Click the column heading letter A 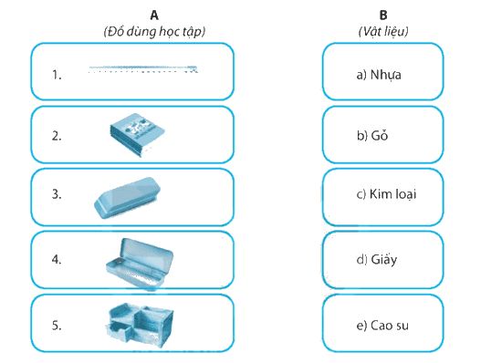coord(154,15)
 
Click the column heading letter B coord(383,15)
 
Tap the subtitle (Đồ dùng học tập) coord(154,31)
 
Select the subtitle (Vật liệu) coord(383,31)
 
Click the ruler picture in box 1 coord(143,69)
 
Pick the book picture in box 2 coord(137,135)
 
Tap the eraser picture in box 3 coord(127,197)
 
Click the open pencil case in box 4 coord(140,264)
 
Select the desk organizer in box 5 coord(140,325)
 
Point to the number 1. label coord(57,75)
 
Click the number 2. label coord(57,136)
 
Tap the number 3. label coord(57,194)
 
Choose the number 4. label coord(57,259)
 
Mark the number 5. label coord(57,326)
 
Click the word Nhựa coord(385,76)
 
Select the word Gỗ coord(380,135)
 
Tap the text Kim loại coord(393,194)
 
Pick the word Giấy coord(384,260)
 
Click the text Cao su coord(390,326)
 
